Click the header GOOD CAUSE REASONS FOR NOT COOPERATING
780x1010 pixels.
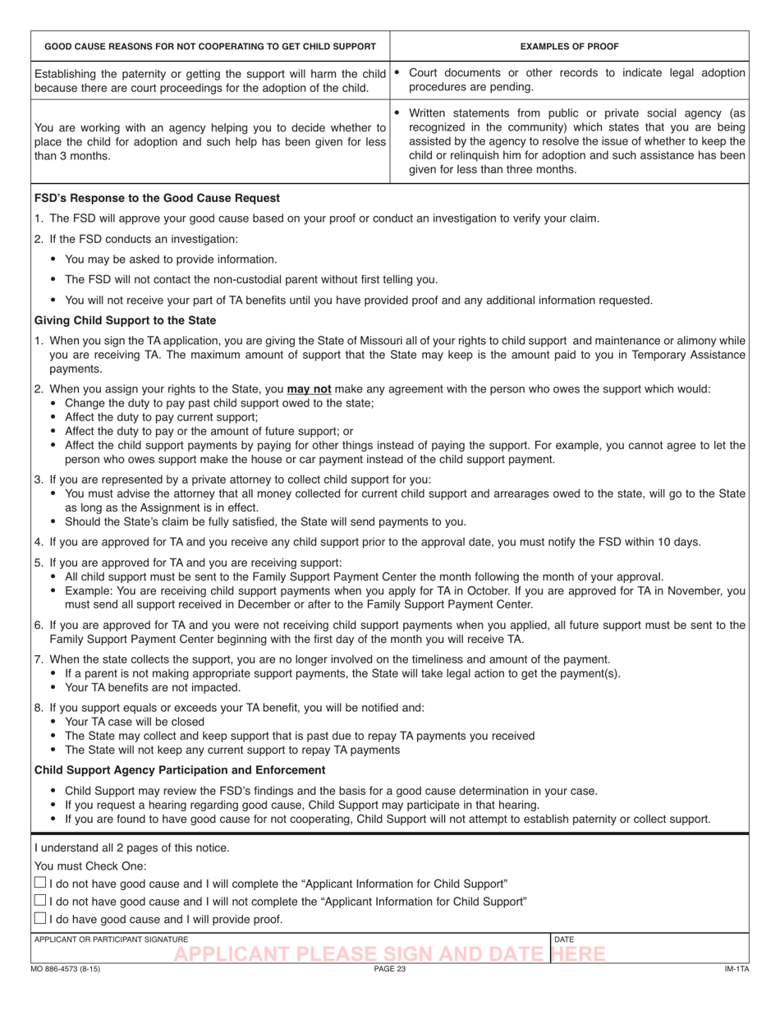click(x=209, y=46)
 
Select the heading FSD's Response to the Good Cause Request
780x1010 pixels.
click(x=157, y=198)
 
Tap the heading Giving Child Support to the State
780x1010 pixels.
click(x=125, y=320)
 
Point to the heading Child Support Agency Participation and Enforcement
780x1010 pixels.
click(x=180, y=770)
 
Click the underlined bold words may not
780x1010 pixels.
click(x=309, y=389)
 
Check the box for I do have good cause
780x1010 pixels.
click(x=40, y=918)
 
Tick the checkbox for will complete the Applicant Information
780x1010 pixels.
click(x=40, y=883)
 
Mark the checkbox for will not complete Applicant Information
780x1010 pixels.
click(x=40, y=901)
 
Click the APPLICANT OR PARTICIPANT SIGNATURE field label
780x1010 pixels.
click(x=111, y=939)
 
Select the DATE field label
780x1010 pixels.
click(x=564, y=939)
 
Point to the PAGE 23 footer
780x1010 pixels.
click(x=390, y=970)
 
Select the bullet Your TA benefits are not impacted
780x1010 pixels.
click(x=153, y=687)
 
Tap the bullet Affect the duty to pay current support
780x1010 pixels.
click(x=161, y=417)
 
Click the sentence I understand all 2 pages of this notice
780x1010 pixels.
click(x=132, y=848)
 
